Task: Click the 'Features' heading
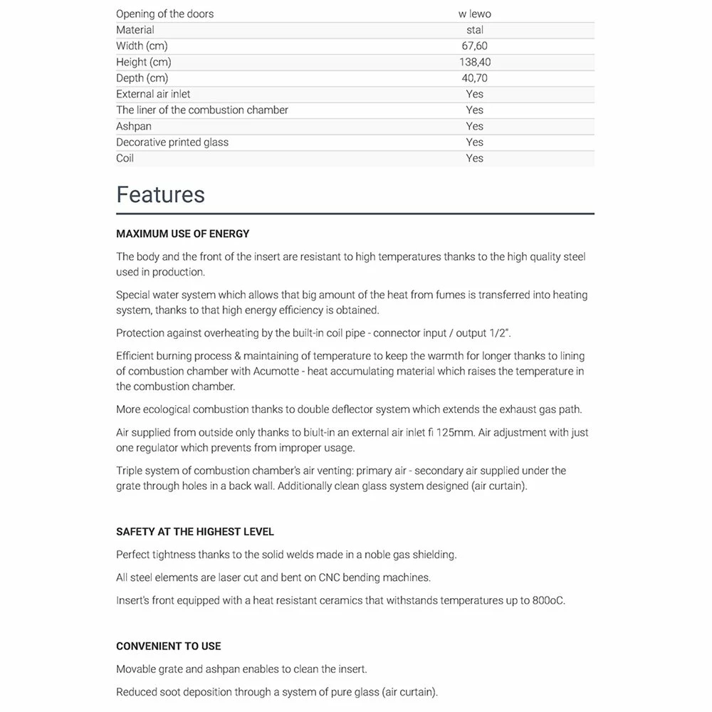click(160, 195)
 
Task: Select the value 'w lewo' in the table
click(475, 14)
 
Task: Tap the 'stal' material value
click(475, 30)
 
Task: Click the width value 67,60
click(475, 46)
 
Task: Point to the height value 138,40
click(475, 62)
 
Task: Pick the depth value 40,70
click(475, 78)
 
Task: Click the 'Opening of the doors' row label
click(164, 14)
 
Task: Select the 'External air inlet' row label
click(153, 94)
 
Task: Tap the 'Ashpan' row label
click(134, 126)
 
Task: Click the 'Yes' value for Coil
click(475, 158)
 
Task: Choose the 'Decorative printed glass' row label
click(172, 142)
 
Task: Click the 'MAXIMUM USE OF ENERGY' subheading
click(183, 234)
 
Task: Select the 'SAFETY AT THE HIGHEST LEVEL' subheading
click(195, 532)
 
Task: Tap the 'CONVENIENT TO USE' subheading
click(169, 646)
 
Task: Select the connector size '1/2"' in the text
click(501, 333)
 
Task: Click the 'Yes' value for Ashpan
click(475, 126)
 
